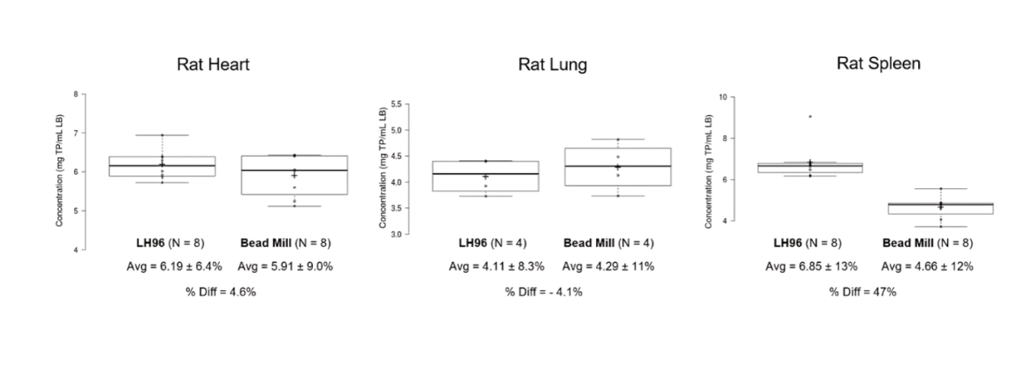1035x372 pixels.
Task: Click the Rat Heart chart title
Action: tap(213, 65)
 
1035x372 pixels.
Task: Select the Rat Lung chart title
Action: tap(553, 65)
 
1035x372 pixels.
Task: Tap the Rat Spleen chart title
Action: tap(878, 63)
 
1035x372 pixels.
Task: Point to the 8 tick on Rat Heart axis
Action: tap(76, 95)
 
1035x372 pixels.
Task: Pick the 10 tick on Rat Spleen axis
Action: tap(721, 97)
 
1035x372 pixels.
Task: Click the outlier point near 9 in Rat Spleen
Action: tap(810, 117)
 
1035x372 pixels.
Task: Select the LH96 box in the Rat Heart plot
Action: tap(162, 166)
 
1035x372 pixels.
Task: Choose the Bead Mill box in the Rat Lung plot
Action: tap(617, 167)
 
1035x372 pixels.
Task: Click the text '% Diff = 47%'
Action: tap(862, 292)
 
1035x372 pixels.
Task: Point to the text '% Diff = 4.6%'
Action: tap(221, 292)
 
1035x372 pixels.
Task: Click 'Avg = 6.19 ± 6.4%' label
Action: tap(174, 267)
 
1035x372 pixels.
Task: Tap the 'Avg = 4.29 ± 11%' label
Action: tap(608, 267)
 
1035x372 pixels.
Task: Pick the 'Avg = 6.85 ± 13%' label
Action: tap(811, 267)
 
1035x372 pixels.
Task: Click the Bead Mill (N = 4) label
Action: tap(608, 244)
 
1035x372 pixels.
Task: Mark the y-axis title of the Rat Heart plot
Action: tap(59, 172)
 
